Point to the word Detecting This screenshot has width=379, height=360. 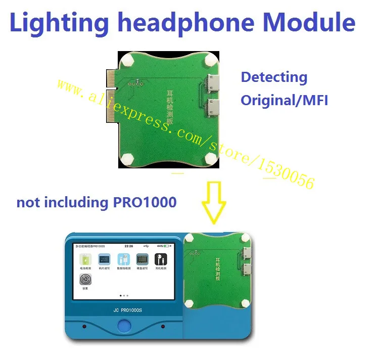click(274, 77)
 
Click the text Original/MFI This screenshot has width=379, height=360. click(284, 100)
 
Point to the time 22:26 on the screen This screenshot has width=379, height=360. click(129, 246)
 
